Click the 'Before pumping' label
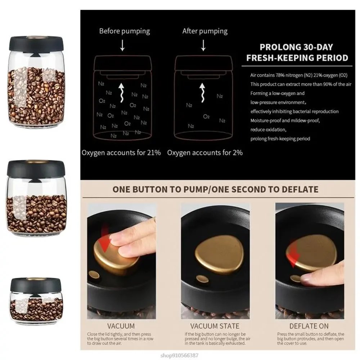coord(124,31)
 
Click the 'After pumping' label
coord(204,31)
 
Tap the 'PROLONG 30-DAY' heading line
coord(296,47)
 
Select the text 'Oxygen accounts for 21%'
coord(121,152)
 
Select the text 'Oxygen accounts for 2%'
coord(204,152)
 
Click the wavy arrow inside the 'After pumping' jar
coord(202,93)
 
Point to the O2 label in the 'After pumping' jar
coord(206,116)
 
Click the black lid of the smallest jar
coord(36,284)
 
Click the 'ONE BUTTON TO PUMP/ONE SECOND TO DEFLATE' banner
coord(215,189)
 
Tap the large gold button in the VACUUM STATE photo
coord(219,254)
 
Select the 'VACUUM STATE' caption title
coord(215,326)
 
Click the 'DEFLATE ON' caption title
coord(309,326)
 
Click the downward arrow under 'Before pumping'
coord(122,46)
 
